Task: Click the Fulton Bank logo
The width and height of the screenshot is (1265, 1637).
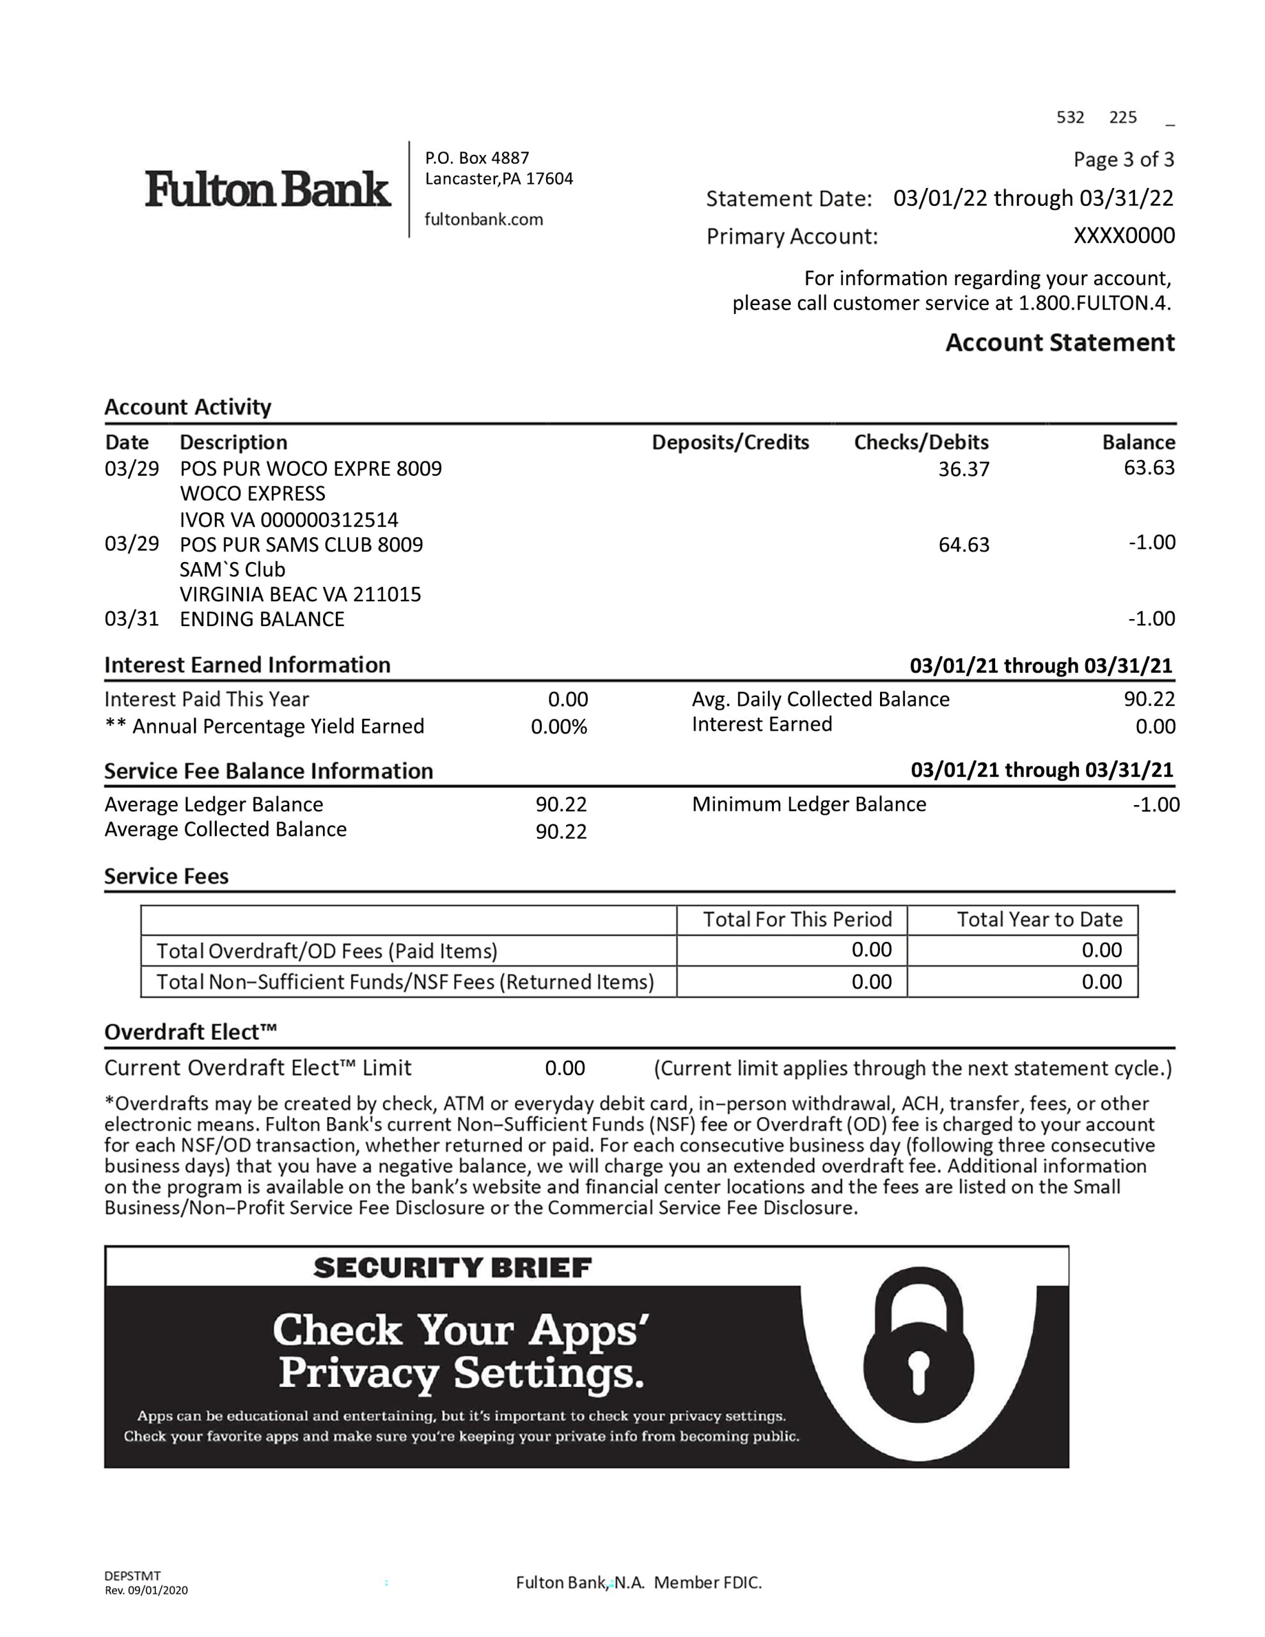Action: click(268, 188)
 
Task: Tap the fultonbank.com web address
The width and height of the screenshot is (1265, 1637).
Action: click(483, 219)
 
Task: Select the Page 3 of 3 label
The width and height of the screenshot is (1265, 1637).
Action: click(1123, 160)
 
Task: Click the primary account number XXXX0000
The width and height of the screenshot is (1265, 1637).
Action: click(1123, 236)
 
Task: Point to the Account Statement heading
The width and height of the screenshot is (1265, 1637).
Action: click(1059, 343)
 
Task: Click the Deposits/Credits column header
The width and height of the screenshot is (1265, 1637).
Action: click(730, 443)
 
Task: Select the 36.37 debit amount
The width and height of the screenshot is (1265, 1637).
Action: click(964, 469)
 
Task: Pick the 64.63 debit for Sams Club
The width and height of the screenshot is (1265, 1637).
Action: click(964, 545)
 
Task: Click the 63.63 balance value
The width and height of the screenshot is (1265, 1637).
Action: click(1149, 467)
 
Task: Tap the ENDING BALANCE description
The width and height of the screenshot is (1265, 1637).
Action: click(262, 619)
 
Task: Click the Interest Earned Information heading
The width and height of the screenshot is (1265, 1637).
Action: click(247, 665)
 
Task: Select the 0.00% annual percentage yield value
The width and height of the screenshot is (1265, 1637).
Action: click(559, 727)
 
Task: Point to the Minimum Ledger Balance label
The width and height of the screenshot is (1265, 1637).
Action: click(808, 804)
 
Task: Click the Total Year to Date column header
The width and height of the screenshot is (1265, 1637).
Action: click(1039, 920)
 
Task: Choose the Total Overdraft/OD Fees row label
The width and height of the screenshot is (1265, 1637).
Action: click(327, 951)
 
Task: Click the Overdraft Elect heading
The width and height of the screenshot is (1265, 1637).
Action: click(191, 1032)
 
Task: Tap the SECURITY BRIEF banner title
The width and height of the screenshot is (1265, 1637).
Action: click(452, 1268)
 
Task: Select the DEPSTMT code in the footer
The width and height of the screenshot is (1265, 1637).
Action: click(133, 1576)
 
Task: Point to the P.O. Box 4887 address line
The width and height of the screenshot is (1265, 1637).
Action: click(477, 158)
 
